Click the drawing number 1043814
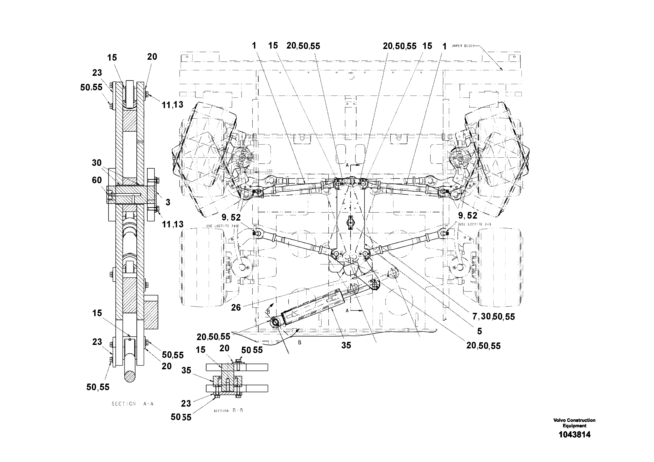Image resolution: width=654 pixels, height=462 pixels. tap(574, 435)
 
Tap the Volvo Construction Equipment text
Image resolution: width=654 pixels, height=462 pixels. tap(574, 423)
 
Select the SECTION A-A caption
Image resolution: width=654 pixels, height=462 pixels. tap(132, 404)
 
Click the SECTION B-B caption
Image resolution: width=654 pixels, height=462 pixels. tap(228, 410)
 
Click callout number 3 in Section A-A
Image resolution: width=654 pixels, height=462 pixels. tap(168, 202)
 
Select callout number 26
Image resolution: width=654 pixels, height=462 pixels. tap(236, 307)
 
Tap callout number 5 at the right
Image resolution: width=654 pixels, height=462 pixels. tap(480, 331)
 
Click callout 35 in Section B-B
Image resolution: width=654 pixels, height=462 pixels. tap(186, 370)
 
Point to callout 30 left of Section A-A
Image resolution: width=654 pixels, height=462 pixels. tap(97, 163)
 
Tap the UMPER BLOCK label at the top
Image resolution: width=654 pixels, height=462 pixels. tap(463, 46)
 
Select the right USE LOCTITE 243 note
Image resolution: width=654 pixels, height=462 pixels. tap(475, 224)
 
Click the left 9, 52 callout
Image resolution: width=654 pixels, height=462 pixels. tap(231, 218)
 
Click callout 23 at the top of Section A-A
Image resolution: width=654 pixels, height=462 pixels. tap(97, 73)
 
